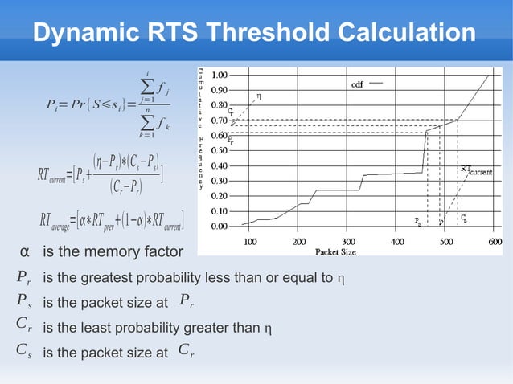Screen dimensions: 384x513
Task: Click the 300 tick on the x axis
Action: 349,240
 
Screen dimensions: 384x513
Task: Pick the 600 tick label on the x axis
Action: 496,240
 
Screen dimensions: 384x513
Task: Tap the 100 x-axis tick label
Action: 250,240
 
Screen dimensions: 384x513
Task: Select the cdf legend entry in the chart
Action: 359,84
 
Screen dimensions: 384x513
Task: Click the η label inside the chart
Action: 258,96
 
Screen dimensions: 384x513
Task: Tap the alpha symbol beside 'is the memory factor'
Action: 25,254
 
